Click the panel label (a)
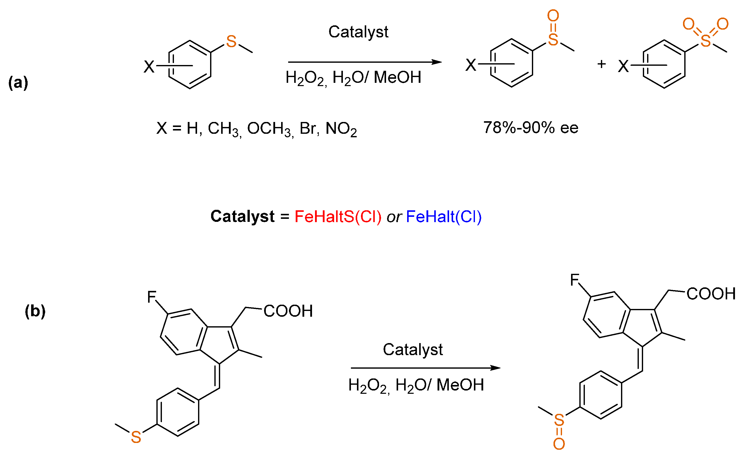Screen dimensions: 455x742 point(18,83)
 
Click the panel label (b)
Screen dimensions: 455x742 point(35,311)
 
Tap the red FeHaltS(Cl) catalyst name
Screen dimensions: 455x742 point(338,217)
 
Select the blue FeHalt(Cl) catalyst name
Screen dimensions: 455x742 point(444,217)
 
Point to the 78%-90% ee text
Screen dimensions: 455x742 point(531,128)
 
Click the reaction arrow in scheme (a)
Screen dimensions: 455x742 point(364,62)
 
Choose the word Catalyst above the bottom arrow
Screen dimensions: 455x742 point(413,349)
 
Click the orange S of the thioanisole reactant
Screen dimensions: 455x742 point(231,42)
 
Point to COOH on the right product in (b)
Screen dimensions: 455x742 point(711,294)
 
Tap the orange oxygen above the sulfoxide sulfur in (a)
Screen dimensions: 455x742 point(553,16)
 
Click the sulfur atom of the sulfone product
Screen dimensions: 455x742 point(706,41)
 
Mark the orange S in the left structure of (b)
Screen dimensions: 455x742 point(136,437)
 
